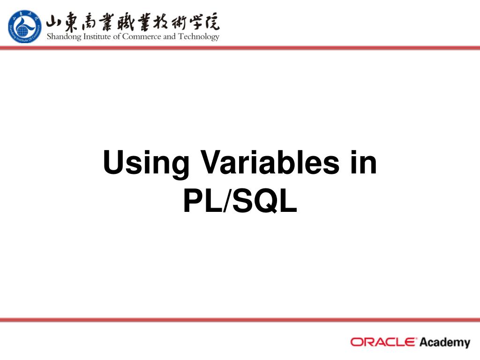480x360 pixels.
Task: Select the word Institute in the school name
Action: [x=98, y=37]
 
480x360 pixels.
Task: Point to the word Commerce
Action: [x=142, y=37]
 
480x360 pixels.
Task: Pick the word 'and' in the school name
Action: [x=169, y=37]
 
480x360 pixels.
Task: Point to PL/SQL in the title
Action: [x=240, y=202]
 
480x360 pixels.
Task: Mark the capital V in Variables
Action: [x=211, y=163]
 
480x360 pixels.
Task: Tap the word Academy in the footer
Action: [x=444, y=342]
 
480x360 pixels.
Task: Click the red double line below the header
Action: [x=240, y=47]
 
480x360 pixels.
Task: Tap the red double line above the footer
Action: [x=240, y=320]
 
